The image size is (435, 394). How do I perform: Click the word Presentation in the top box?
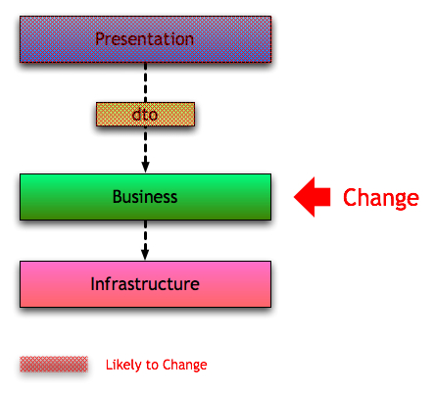coord(144,39)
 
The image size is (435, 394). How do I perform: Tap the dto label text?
coord(145,115)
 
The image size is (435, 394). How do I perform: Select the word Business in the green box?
coord(145,197)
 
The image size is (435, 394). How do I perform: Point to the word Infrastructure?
coord(145,283)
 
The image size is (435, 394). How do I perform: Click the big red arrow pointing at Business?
coord(313,197)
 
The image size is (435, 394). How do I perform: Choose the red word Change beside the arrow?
coord(381,198)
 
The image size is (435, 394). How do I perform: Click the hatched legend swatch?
coord(54,364)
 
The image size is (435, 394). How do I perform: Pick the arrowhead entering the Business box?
coord(145,167)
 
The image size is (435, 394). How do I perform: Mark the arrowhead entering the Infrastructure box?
coord(145,254)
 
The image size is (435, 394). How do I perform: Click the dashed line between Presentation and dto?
coord(145,82)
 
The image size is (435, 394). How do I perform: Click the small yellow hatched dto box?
coord(145,115)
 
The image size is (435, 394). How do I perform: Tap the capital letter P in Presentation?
coord(100,39)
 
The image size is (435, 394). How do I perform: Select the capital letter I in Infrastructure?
coord(92,283)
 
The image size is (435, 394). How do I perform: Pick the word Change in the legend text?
coord(184,365)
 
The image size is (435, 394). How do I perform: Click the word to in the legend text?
coord(152,365)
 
